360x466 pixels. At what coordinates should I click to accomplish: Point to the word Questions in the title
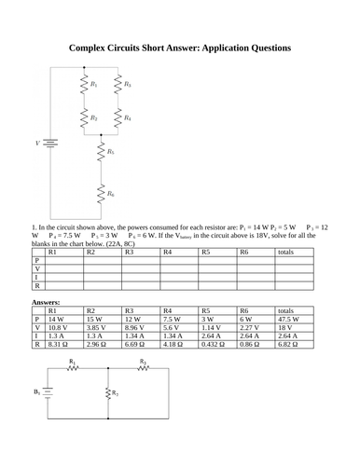(x=264, y=47)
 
